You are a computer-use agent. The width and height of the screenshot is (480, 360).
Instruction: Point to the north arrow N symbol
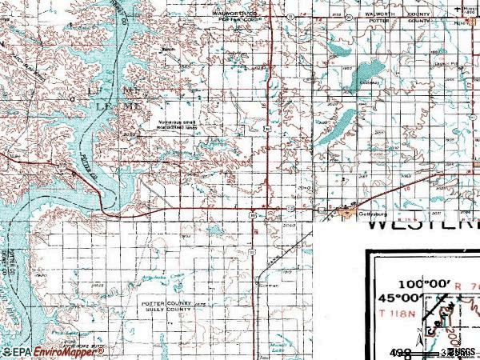466,9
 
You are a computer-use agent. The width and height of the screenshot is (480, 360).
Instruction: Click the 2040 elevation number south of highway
289,226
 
